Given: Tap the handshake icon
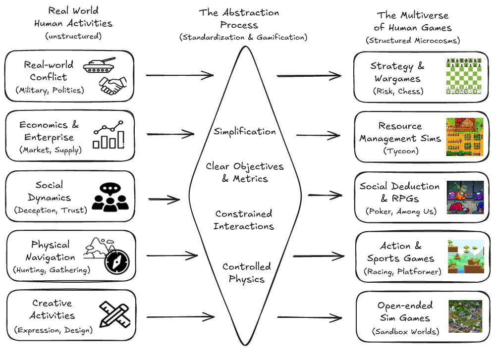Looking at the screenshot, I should click(x=111, y=85).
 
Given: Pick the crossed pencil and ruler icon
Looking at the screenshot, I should click(x=114, y=314).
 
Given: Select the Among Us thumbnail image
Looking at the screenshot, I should click(x=464, y=197).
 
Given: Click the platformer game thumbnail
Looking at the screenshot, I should click(x=465, y=257).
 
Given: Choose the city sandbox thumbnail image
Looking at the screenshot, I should click(x=465, y=316).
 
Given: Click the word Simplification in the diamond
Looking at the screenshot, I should click(x=245, y=132).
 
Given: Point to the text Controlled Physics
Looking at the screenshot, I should click(x=246, y=273).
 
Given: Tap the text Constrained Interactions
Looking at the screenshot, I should click(x=244, y=220).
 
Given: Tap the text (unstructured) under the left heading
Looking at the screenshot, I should click(x=73, y=36).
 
